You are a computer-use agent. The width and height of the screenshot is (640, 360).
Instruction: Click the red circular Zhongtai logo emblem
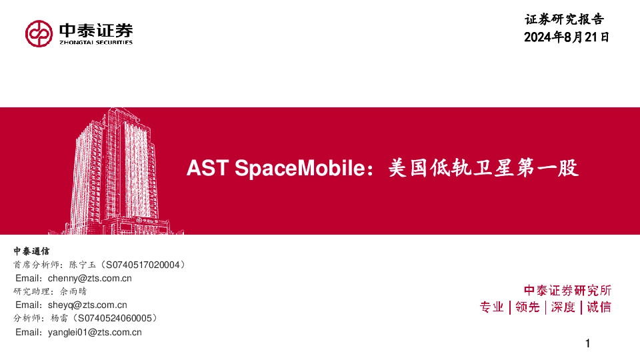click(39, 33)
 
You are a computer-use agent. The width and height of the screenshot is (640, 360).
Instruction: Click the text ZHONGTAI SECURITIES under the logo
click(96, 42)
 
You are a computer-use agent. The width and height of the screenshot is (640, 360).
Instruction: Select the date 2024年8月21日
click(567, 37)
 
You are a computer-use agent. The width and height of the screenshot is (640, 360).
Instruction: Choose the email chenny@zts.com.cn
click(90, 278)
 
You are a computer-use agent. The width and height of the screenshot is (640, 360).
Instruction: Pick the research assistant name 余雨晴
click(72, 291)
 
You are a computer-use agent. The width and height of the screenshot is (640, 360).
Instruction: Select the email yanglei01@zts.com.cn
click(95, 332)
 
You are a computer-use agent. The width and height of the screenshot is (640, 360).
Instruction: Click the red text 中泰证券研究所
click(567, 291)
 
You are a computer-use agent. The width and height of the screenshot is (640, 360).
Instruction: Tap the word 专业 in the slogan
click(492, 307)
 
